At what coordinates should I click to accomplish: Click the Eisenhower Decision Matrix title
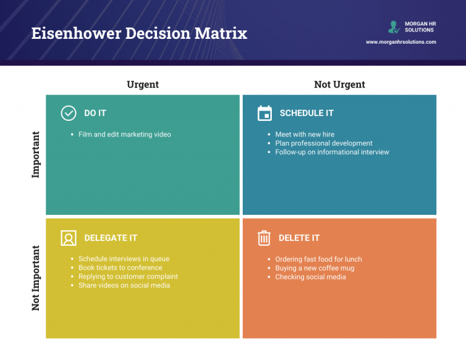click(x=139, y=33)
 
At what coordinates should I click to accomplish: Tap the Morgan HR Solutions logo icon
click(x=394, y=27)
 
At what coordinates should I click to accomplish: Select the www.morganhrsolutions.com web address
click(x=400, y=42)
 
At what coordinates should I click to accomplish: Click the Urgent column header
click(x=143, y=84)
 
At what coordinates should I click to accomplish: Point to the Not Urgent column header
click(x=339, y=84)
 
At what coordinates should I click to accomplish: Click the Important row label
click(x=36, y=154)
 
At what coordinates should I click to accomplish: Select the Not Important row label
click(x=36, y=278)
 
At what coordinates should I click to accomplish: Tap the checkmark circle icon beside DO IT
click(x=69, y=113)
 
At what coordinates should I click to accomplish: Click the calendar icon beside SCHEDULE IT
click(x=265, y=113)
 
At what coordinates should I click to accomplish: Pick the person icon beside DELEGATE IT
click(x=69, y=238)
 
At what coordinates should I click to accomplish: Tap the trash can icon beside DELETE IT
click(x=264, y=238)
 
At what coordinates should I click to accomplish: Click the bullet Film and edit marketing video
click(x=124, y=134)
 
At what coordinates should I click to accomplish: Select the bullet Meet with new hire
click(x=305, y=134)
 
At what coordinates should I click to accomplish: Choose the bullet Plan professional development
click(x=323, y=143)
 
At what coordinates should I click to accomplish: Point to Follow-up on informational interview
click(x=332, y=152)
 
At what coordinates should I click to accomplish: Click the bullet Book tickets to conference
click(x=120, y=268)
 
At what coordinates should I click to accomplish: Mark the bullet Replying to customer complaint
click(x=128, y=276)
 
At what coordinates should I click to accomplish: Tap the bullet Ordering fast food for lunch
click(x=318, y=259)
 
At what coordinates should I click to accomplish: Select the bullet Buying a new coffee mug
click(x=314, y=268)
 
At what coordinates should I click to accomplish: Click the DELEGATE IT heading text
click(x=110, y=238)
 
